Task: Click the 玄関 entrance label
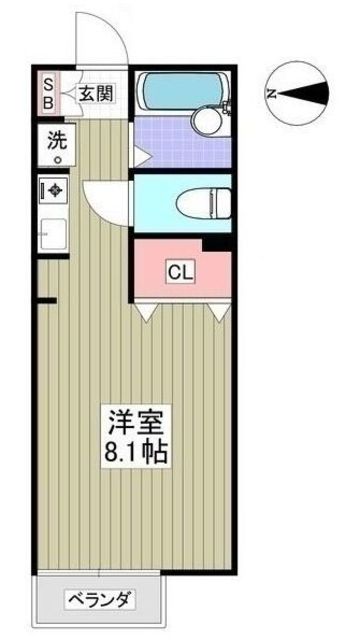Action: (97, 95)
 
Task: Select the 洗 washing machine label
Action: (51, 141)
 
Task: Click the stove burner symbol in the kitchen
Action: (51, 188)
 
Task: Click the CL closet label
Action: (181, 271)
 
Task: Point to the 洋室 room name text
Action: (134, 419)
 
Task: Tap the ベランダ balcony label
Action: (99, 600)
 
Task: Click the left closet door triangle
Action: (146, 314)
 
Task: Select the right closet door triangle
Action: (218, 314)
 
